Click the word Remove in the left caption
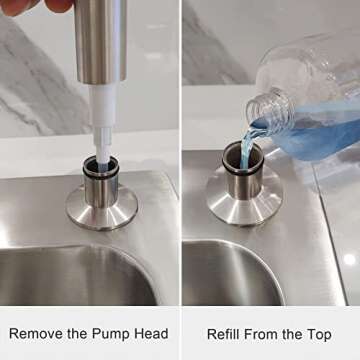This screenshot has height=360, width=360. tap(35, 334)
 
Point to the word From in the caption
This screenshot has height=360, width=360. tap(268, 334)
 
